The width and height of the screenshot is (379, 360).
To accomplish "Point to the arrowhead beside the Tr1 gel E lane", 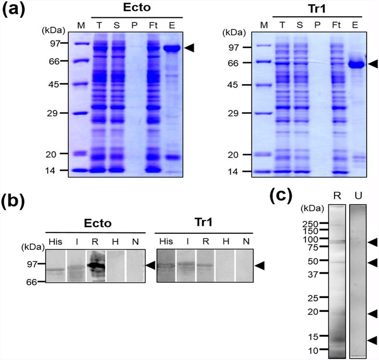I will (373, 64).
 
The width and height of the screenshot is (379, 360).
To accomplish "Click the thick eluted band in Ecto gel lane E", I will (171, 48).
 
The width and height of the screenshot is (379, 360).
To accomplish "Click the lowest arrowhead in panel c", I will (372, 340).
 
